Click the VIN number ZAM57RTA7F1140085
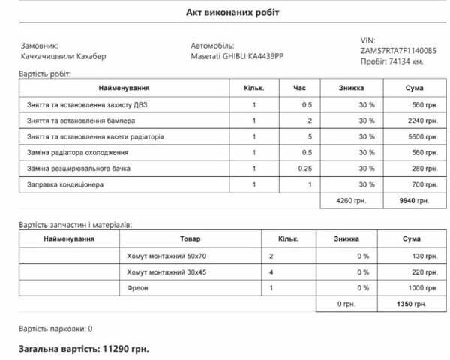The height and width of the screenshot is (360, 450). point(397,51)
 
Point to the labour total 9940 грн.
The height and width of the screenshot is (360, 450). point(414,201)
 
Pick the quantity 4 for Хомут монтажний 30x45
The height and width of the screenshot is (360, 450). point(271,272)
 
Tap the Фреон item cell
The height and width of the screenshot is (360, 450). point(139,288)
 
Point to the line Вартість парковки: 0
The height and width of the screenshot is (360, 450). point(55,328)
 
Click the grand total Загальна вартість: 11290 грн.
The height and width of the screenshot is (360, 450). point(84,349)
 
